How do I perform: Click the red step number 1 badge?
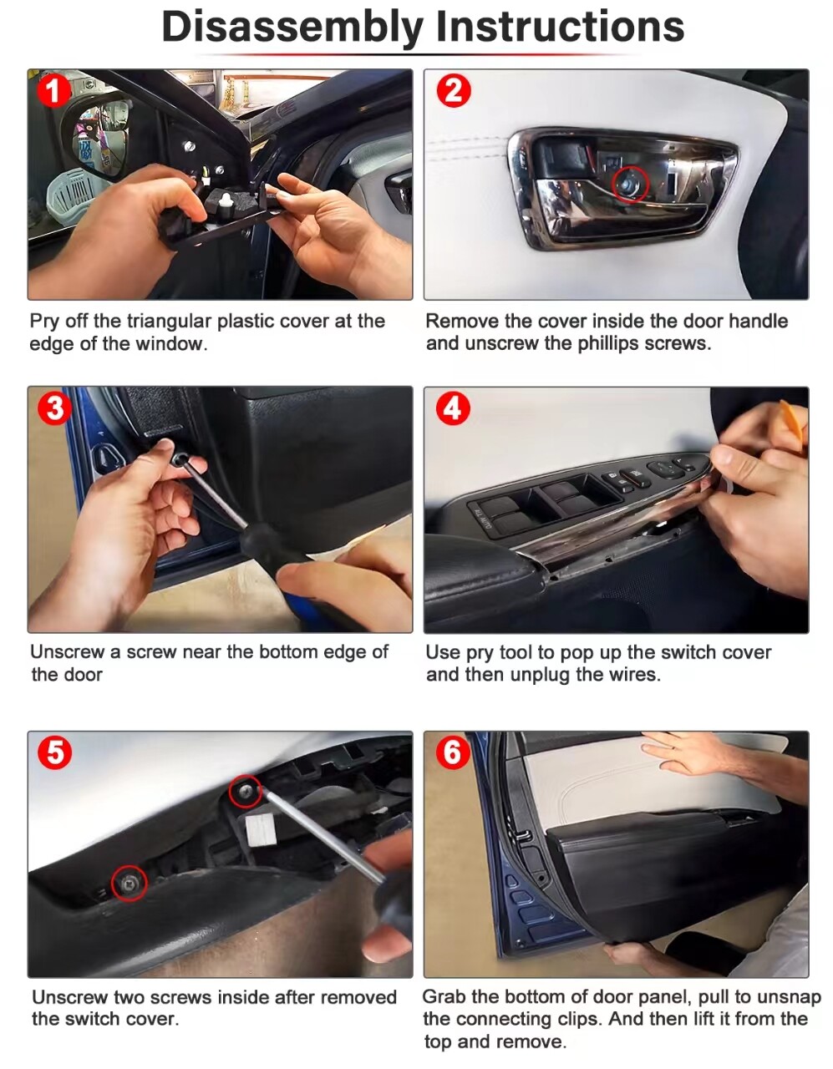[53, 90]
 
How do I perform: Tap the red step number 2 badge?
[453, 91]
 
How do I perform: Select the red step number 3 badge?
[54, 408]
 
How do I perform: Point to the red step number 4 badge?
[453, 408]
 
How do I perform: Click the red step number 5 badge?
[54, 752]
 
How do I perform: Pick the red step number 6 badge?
[453, 752]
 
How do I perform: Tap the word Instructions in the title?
[560, 26]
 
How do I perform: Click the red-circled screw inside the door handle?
[630, 184]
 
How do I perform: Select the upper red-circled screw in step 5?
[246, 792]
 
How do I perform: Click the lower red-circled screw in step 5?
[129, 884]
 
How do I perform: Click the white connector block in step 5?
[260, 829]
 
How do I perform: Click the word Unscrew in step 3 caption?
[69, 651]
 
